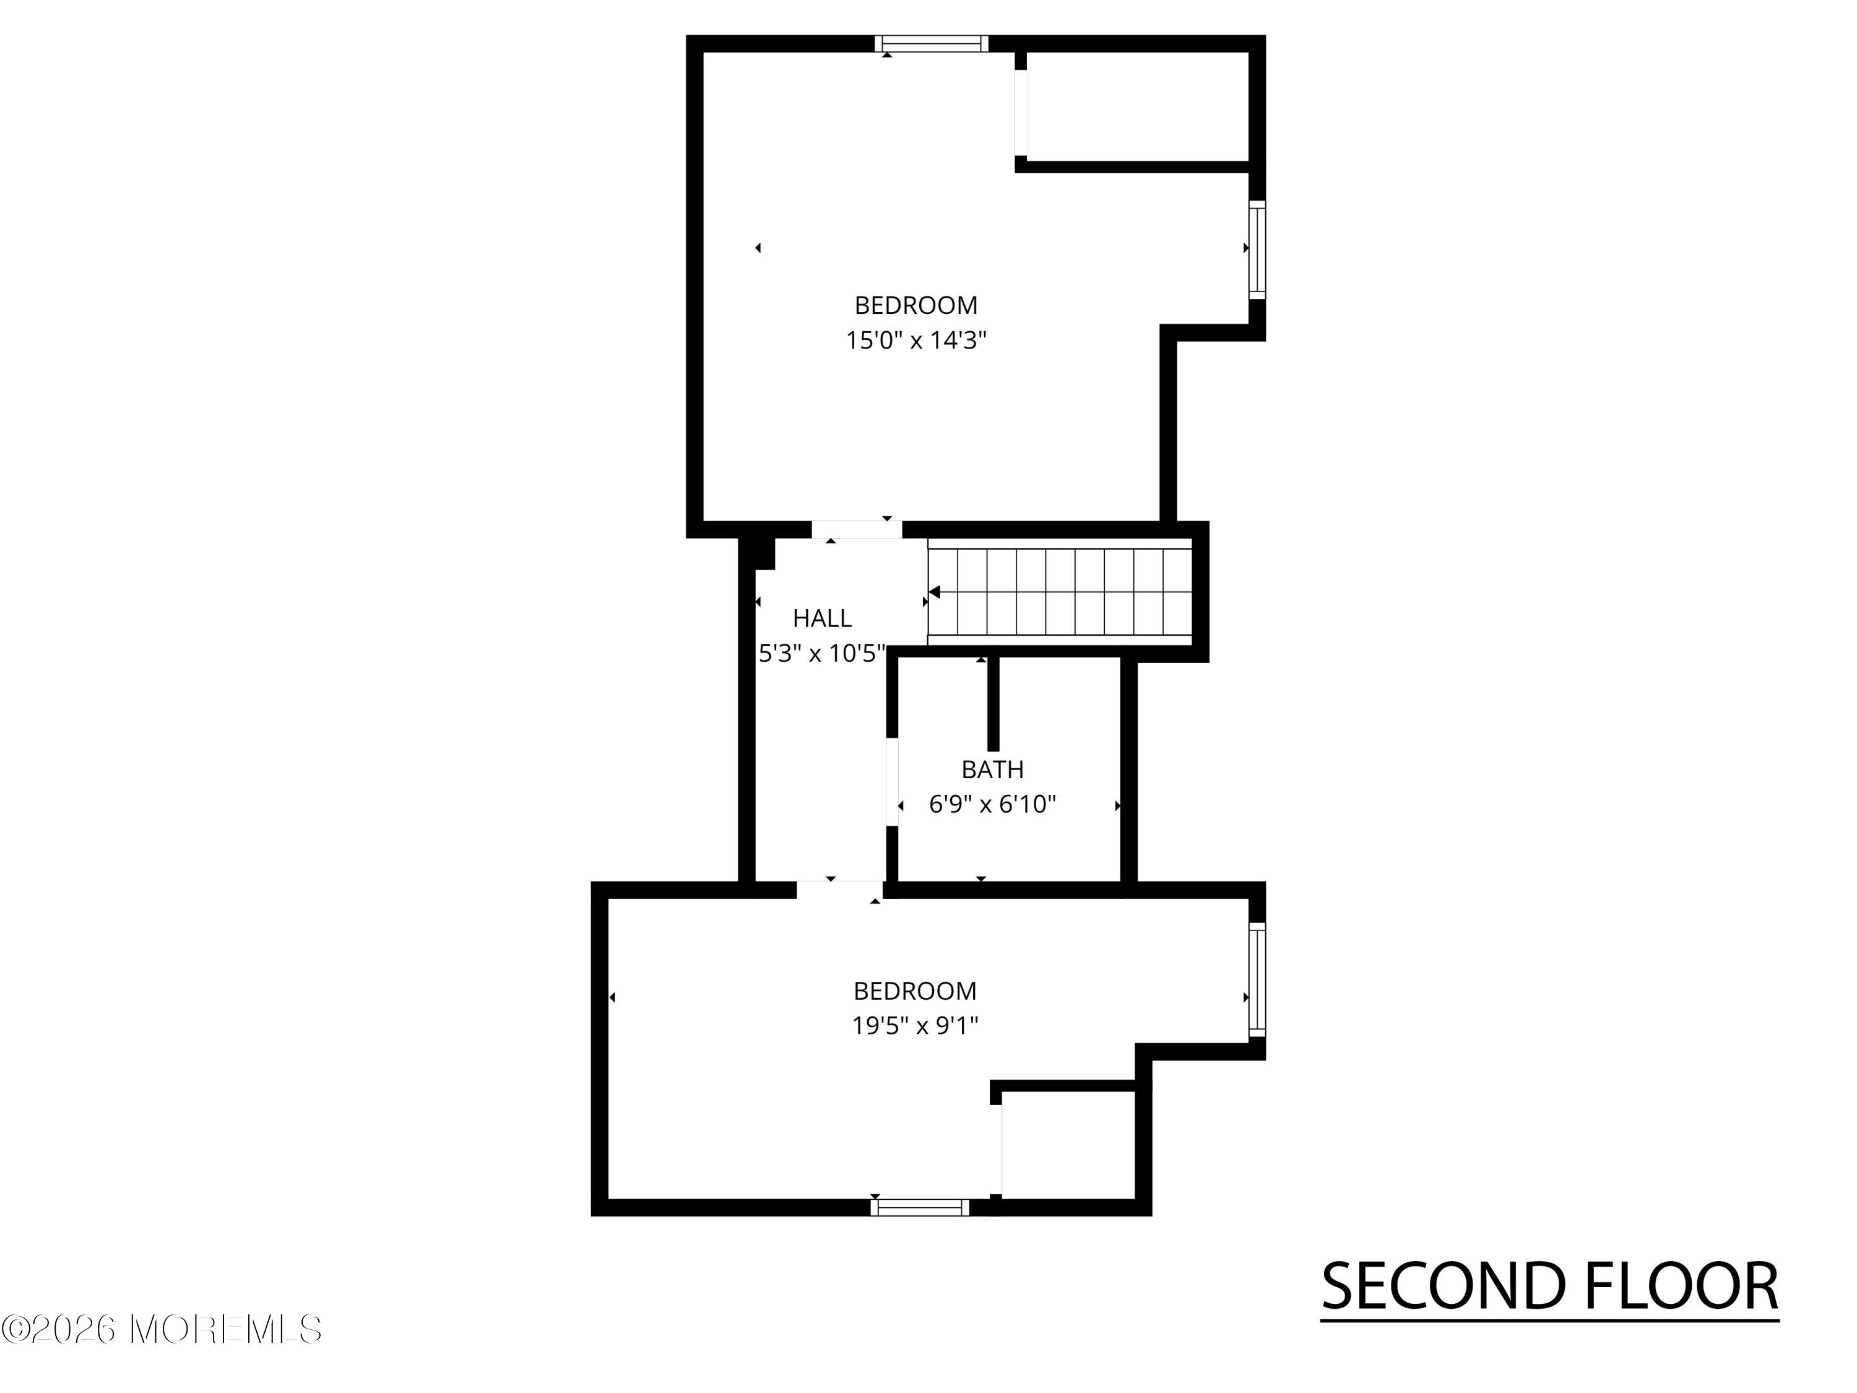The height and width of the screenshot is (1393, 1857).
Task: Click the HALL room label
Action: (822, 618)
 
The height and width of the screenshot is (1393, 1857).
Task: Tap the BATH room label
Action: (992, 769)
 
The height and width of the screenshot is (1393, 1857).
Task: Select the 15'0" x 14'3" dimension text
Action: (916, 340)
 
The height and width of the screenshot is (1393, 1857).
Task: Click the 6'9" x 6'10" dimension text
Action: (992, 804)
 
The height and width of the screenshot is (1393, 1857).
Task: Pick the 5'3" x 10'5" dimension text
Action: (823, 653)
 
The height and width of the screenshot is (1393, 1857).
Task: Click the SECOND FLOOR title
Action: (1550, 1287)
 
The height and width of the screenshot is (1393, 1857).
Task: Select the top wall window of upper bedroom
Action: (931, 44)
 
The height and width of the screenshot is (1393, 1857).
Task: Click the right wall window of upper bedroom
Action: (1257, 250)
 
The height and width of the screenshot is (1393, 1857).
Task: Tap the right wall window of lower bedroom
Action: (1257, 980)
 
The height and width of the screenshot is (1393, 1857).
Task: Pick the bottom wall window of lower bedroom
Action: (920, 1207)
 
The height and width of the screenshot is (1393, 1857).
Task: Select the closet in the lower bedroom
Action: (1068, 1145)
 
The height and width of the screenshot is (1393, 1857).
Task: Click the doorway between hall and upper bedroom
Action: (856, 530)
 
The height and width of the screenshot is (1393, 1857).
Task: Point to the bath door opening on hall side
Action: (893, 783)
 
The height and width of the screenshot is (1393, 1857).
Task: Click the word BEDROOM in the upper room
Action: (916, 305)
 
